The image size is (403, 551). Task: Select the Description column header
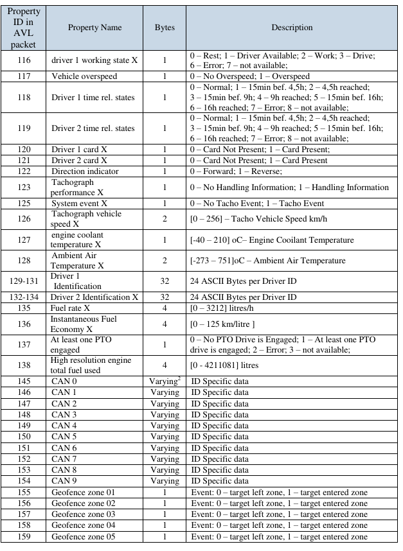click(x=292, y=28)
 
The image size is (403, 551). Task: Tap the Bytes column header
click(x=165, y=28)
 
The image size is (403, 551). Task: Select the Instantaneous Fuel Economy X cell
click(x=94, y=323)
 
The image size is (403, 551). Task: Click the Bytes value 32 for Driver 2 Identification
click(x=165, y=297)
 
